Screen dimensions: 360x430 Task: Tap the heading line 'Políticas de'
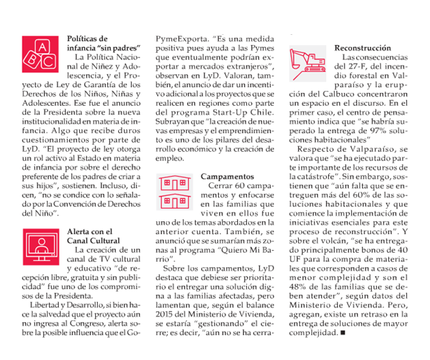click(x=88, y=38)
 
